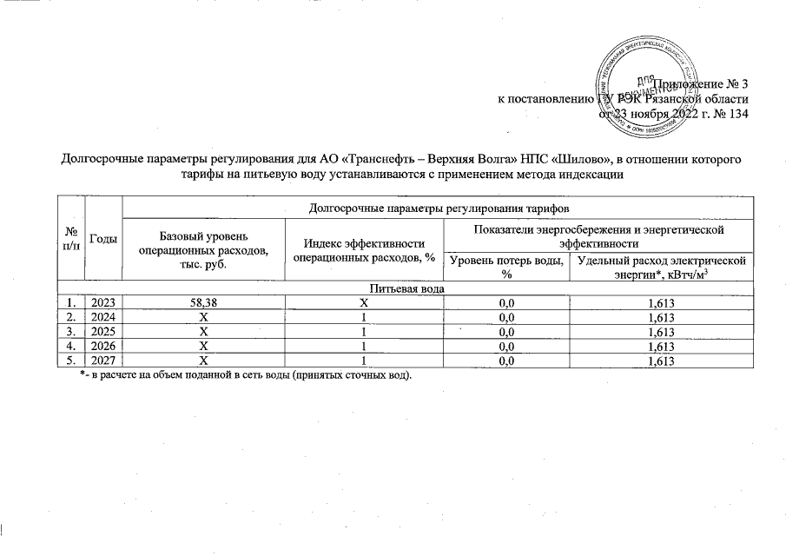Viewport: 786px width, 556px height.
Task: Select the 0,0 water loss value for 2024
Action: coord(504,316)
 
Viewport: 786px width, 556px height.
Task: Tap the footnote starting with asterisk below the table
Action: coord(246,375)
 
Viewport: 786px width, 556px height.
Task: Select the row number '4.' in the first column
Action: coord(69,347)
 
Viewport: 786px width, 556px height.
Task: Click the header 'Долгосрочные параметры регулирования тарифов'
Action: coord(438,207)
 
